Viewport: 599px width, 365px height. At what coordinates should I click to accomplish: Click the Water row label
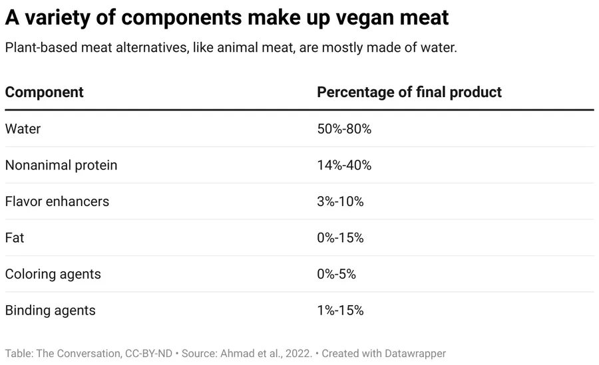pos(23,129)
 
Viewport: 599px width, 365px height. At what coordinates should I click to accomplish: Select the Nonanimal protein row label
pos(61,166)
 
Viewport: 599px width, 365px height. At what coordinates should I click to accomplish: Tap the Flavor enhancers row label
pos(57,201)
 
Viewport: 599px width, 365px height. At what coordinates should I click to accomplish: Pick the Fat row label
pos(15,237)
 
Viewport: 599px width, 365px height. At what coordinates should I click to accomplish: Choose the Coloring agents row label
pos(53,274)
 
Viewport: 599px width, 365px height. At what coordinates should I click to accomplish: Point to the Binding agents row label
pos(51,310)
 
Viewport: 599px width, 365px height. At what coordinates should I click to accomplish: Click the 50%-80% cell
pos(344,129)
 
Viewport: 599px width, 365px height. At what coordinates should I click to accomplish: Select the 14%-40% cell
pos(344,166)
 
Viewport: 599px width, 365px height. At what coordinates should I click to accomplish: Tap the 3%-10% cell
pos(340,201)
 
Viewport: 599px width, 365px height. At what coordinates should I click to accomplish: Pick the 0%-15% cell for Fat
pos(340,237)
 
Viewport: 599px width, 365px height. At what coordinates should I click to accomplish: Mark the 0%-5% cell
pos(337,274)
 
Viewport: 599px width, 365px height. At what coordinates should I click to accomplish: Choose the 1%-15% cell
pos(340,310)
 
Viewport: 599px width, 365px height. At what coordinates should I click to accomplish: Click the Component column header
pos(45,92)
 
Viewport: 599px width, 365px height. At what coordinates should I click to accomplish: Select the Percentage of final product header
pos(409,92)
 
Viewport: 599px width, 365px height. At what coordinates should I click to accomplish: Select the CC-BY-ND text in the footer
pos(148,354)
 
